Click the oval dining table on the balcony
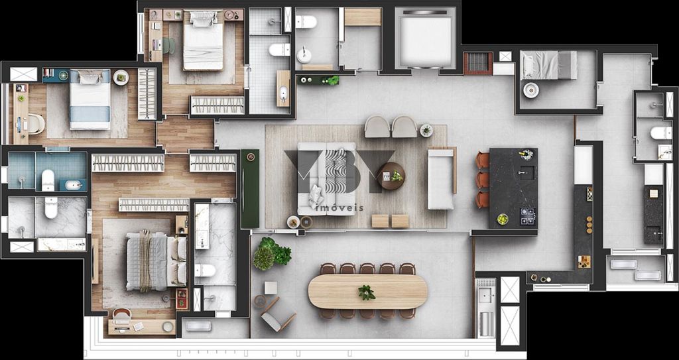[367, 292]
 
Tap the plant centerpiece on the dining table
[366, 292]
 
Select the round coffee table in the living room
[391, 176]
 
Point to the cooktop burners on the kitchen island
[527, 215]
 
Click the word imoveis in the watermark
[341, 208]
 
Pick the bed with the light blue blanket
[90, 100]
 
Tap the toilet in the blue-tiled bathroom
[48, 180]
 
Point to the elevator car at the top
[425, 38]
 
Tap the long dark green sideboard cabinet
[250, 189]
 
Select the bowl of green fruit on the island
[503, 219]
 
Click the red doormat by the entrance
[477, 64]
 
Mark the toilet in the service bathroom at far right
[660, 133]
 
